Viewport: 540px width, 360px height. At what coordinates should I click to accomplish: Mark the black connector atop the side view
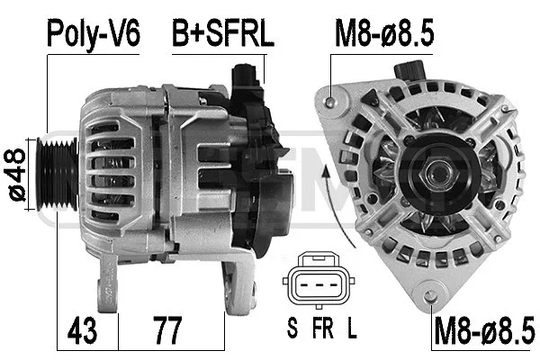click(x=245, y=81)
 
